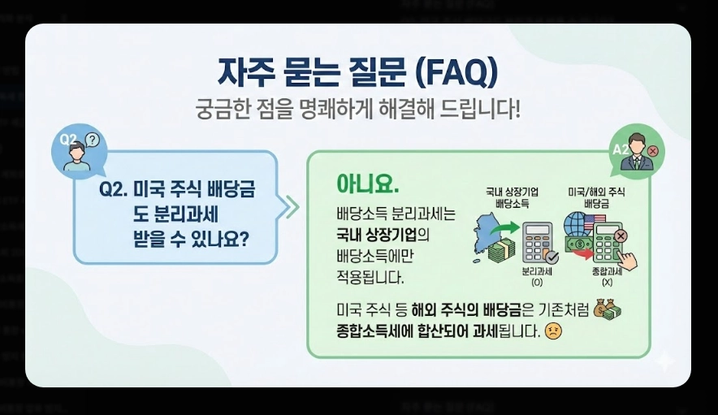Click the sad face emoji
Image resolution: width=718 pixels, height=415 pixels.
554,331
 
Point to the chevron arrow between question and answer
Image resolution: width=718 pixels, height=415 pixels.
290,206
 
